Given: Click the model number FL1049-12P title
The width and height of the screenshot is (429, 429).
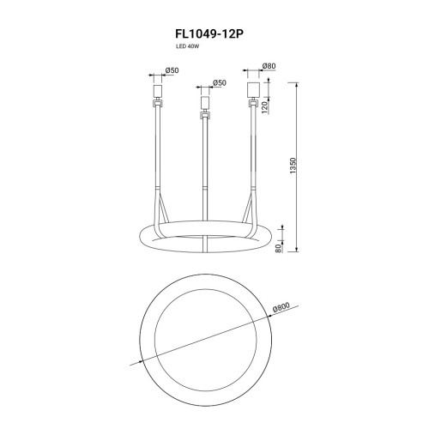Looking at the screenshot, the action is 209,34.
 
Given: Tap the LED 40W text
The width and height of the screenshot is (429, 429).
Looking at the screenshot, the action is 187,47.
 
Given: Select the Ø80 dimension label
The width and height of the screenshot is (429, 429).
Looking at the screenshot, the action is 269,66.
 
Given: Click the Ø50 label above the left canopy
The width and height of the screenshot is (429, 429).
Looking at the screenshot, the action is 172,70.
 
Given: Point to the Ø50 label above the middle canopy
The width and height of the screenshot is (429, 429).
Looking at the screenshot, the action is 220,83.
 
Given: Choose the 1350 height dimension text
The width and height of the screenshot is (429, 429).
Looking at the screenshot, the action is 294,166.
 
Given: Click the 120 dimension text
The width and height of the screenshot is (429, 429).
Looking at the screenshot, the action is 264,107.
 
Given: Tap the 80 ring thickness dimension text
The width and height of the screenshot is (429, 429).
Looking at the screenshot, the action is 278,248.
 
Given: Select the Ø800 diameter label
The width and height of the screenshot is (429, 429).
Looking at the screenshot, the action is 281,307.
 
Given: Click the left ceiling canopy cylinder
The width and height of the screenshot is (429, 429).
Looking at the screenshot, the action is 158,90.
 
